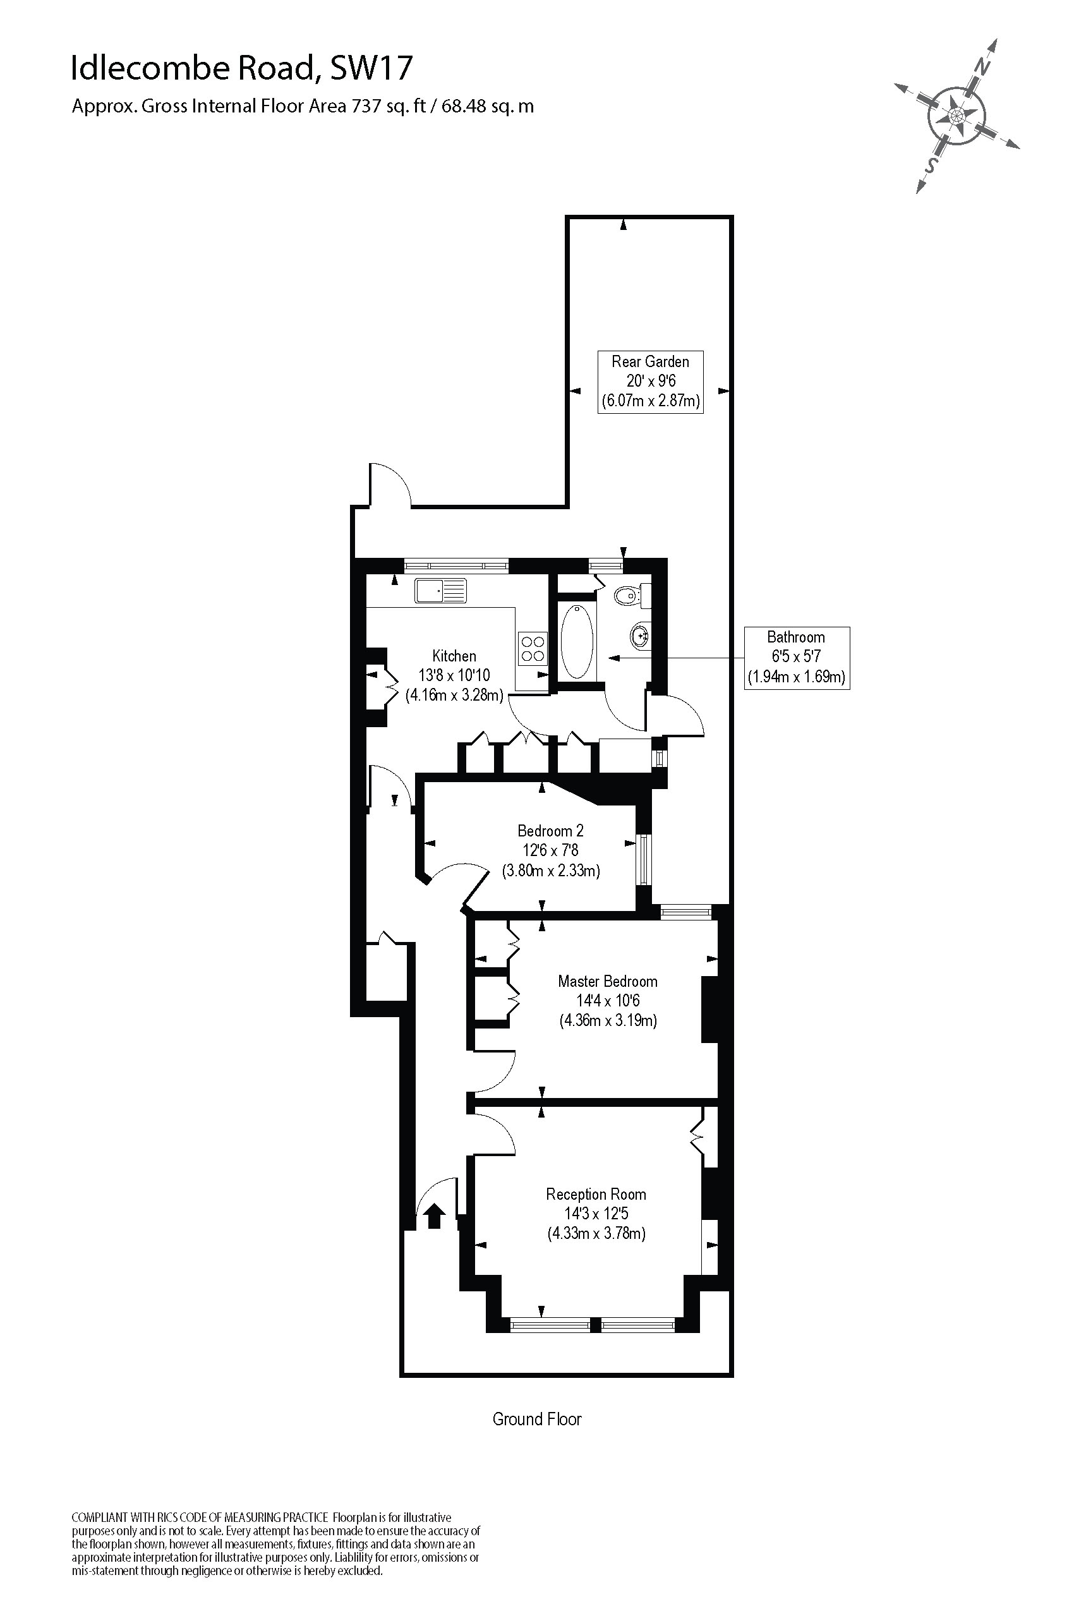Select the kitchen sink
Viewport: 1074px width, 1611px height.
coord(440,591)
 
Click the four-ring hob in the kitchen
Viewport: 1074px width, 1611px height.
coord(533,648)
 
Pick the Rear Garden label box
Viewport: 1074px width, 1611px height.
coord(650,382)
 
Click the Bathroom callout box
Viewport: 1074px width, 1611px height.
coord(797,658)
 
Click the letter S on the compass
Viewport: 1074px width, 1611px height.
coord(931,164)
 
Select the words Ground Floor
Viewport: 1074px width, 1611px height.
coord(537,1419)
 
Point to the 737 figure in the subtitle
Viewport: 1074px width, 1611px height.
coord(366,106)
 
